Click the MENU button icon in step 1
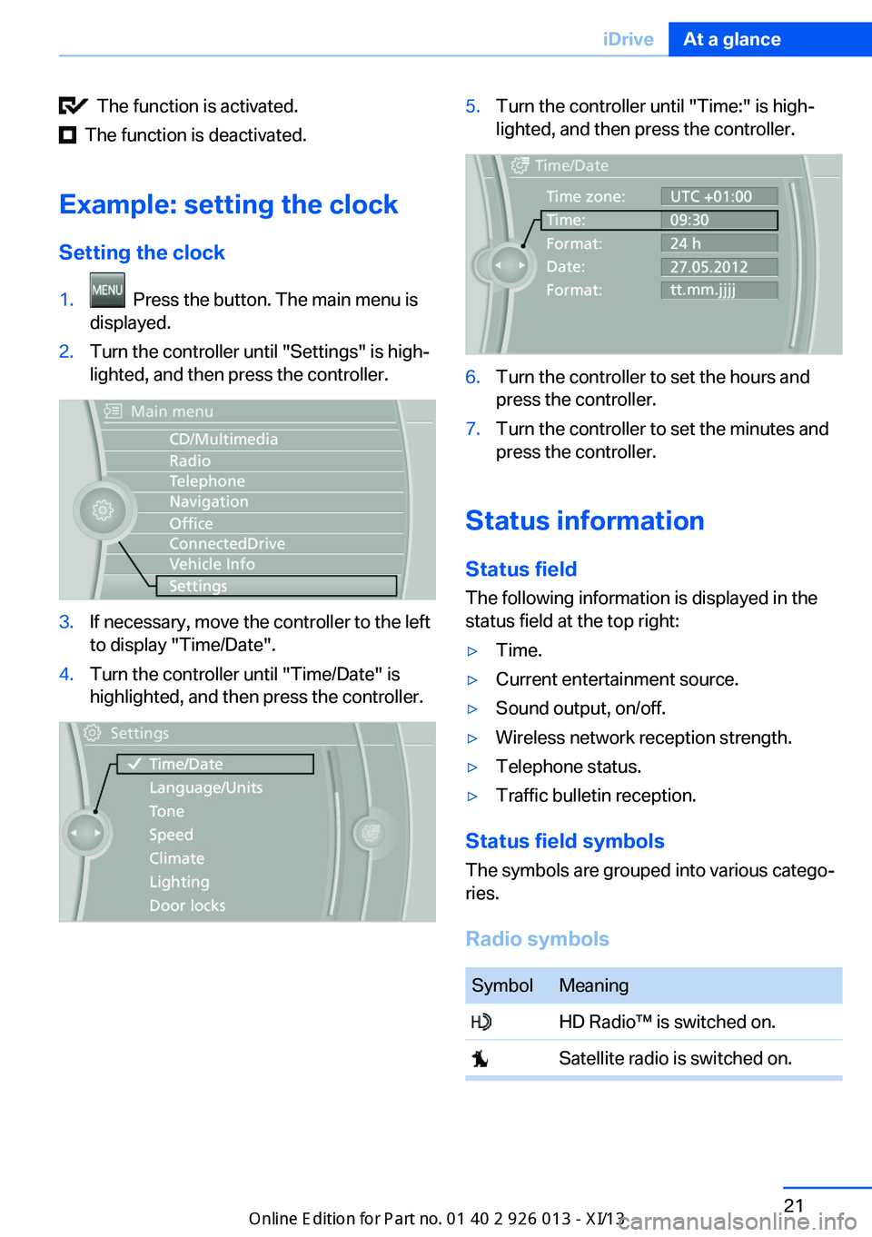[107, 291]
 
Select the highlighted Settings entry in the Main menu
[276, 586]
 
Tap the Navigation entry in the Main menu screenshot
[209, 502]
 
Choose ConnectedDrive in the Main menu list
[227, 544]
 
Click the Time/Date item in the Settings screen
[215, 764]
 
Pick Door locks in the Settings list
[187, 905]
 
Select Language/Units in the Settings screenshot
[206, 787]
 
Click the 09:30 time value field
[718, 220]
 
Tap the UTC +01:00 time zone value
[718, 196]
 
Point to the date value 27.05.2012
[718, 267]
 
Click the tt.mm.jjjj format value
[718, 290]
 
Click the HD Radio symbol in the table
[481, 1022]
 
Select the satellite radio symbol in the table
[480, 1059]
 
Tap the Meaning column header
[594, 985]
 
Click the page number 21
[794, 1205]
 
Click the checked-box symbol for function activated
[73, 106]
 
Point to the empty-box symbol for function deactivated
[67, 135]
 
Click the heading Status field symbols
[565, 841]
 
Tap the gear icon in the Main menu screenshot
[103, 510]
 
